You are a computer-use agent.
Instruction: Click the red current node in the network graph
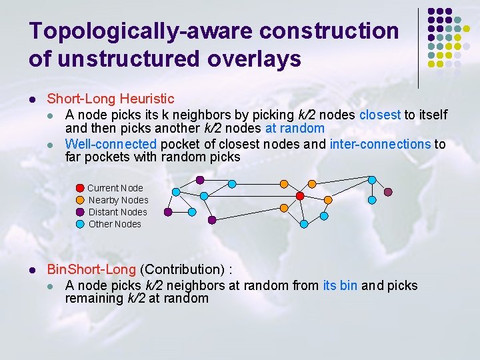coord(300,196)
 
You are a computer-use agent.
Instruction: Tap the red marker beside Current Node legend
coord(81,188)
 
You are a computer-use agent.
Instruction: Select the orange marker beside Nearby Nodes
coord(81,200)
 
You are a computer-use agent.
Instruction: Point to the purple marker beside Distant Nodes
coord(81,212)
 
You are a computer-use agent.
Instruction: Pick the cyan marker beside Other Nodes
coord(81,224)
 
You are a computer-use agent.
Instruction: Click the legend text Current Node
coord(115,188)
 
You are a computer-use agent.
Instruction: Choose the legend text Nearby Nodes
coord(119,200)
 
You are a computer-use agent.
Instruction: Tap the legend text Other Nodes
coord(115,224)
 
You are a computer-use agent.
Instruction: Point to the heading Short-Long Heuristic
coord(110,99)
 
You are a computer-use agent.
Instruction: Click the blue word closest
coord(380,115)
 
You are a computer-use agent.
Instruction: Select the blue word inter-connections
coord(380,144)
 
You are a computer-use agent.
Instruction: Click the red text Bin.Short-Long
coord(91,269)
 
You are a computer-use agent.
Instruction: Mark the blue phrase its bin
coord(340,285)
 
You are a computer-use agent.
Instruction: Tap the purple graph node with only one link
coord(388,192)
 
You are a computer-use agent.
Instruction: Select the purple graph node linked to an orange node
coord(200,180)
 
